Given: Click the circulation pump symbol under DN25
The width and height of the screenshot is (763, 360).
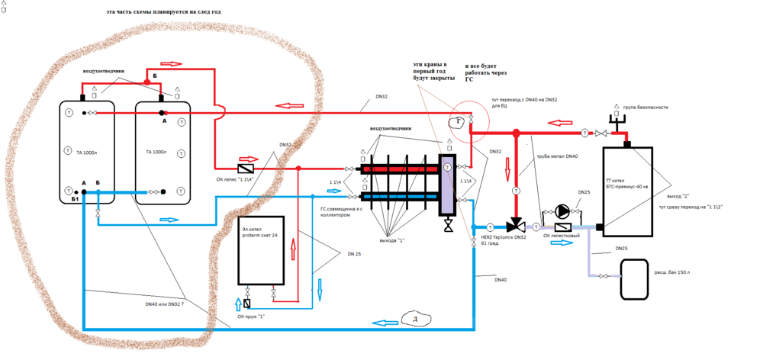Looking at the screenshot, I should click(x=562, y=211).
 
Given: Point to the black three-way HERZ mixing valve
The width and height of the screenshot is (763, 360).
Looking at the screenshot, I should click(x=516, y=227).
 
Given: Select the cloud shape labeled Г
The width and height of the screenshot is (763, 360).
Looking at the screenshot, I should click(x=458, y=121).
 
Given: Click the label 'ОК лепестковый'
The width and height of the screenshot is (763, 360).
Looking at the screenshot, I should click(x=562, y=236).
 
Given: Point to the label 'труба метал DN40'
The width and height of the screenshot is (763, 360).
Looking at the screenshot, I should click(x=558, y=156).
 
